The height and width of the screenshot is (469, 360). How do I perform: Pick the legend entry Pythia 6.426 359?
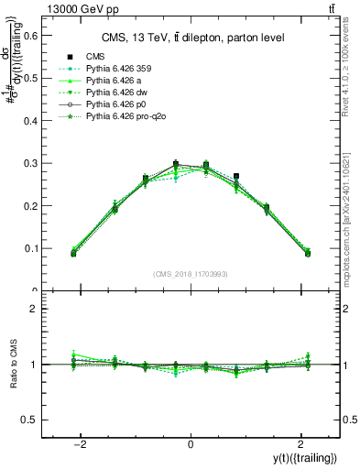[x=124, y=70]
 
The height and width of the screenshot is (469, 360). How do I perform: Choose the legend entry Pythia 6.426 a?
[x=118, y=82]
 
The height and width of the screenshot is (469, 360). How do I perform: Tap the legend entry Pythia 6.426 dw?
[x=120, y=93]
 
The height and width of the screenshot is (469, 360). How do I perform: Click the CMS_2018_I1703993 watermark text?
[x=191, y=275]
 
